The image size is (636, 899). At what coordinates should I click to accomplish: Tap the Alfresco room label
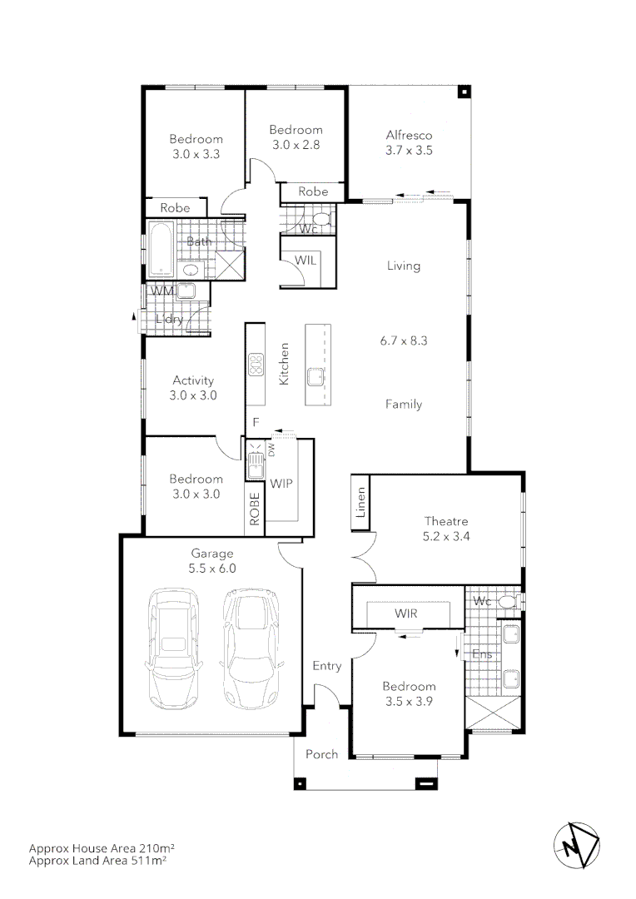coord(409,135)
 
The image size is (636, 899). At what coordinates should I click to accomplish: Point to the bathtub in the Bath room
coord(161,251)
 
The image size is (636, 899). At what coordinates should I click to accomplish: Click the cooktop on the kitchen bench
coord(255,364)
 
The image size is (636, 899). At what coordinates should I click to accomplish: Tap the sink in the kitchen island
coord(316,377)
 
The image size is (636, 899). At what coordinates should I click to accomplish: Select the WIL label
coord(306,261)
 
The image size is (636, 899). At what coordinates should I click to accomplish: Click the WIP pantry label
coord(281,483)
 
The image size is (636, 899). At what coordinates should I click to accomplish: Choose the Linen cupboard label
coord(360,504)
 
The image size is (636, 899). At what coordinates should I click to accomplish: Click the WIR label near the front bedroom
coord(406,613)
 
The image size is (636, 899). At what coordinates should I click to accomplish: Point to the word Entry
coord(327,665)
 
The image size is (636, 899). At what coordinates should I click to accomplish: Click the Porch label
coord(321,754)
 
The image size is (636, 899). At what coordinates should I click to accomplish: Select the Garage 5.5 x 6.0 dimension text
coord(214,569)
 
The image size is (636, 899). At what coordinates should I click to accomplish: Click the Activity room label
coord(192,381)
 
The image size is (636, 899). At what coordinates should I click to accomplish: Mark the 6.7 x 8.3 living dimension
coord(404,340)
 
